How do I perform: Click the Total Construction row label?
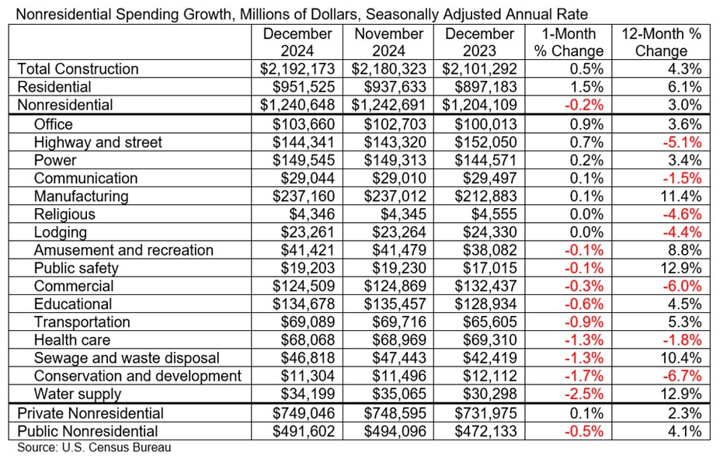[x=78, y=68]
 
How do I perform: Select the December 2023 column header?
[x=479, y=42]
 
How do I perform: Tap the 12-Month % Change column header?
[x=661, y=42]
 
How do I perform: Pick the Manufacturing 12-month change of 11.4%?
[x=684, y=196]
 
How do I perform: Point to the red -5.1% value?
[x=684, y=142]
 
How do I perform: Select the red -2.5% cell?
[x=584, y=395]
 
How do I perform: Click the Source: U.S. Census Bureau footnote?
[x=94, y=448]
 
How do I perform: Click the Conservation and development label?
[x=137, y=377]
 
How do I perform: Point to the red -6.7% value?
[x=684, y=377]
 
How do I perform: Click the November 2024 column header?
[x=389, y=42]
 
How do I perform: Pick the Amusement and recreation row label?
[x=123, y=250]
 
